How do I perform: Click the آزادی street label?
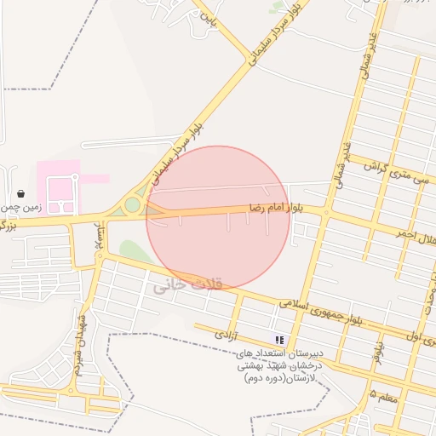pyautogui.click(x=227, y=330)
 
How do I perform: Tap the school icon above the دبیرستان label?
pyautogui.click(x=279, y=340)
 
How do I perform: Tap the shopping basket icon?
pyautogui.click(x=20, y=193)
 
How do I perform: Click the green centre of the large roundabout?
pyautogui.click(x=132, y=205)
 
